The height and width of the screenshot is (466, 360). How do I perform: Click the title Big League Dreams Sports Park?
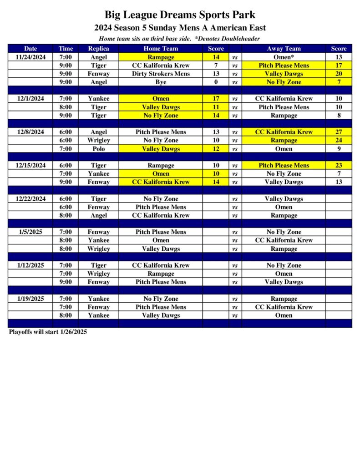[x=180, y=15]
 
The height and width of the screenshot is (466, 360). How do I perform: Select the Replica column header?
[x=98, y=49]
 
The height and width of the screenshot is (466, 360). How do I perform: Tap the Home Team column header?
[x=161, y=49]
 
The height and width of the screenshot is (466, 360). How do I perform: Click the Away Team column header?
[x=284, y=49]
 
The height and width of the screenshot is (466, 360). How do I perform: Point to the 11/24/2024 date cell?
[x=30, y=57]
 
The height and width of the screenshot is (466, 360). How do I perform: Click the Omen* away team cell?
[x=284, y=57]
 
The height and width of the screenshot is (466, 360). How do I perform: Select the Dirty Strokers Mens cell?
[x=161, y=74]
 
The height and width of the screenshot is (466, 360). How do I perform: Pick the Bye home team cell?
[x=161, y=82]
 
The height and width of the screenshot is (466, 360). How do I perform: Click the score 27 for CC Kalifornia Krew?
[x=339, y=132]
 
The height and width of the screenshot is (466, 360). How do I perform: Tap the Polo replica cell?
[x=98, y=149]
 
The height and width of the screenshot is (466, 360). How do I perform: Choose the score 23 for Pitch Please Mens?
[x=339, y=166]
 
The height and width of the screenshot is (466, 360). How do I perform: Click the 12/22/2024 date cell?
[x=30, y=199]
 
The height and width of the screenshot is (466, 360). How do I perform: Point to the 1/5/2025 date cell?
[x=30, y=232]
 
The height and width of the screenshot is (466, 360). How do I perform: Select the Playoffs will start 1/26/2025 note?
[x=48, y=332]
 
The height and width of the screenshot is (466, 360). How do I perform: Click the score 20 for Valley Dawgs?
[x=339, y=74]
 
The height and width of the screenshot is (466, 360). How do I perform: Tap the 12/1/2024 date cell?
[x=30, y=99]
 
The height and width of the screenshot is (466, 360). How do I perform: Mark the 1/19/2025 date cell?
[x=30, y=299]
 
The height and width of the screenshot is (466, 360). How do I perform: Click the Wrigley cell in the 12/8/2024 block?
[x=98, y=141]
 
